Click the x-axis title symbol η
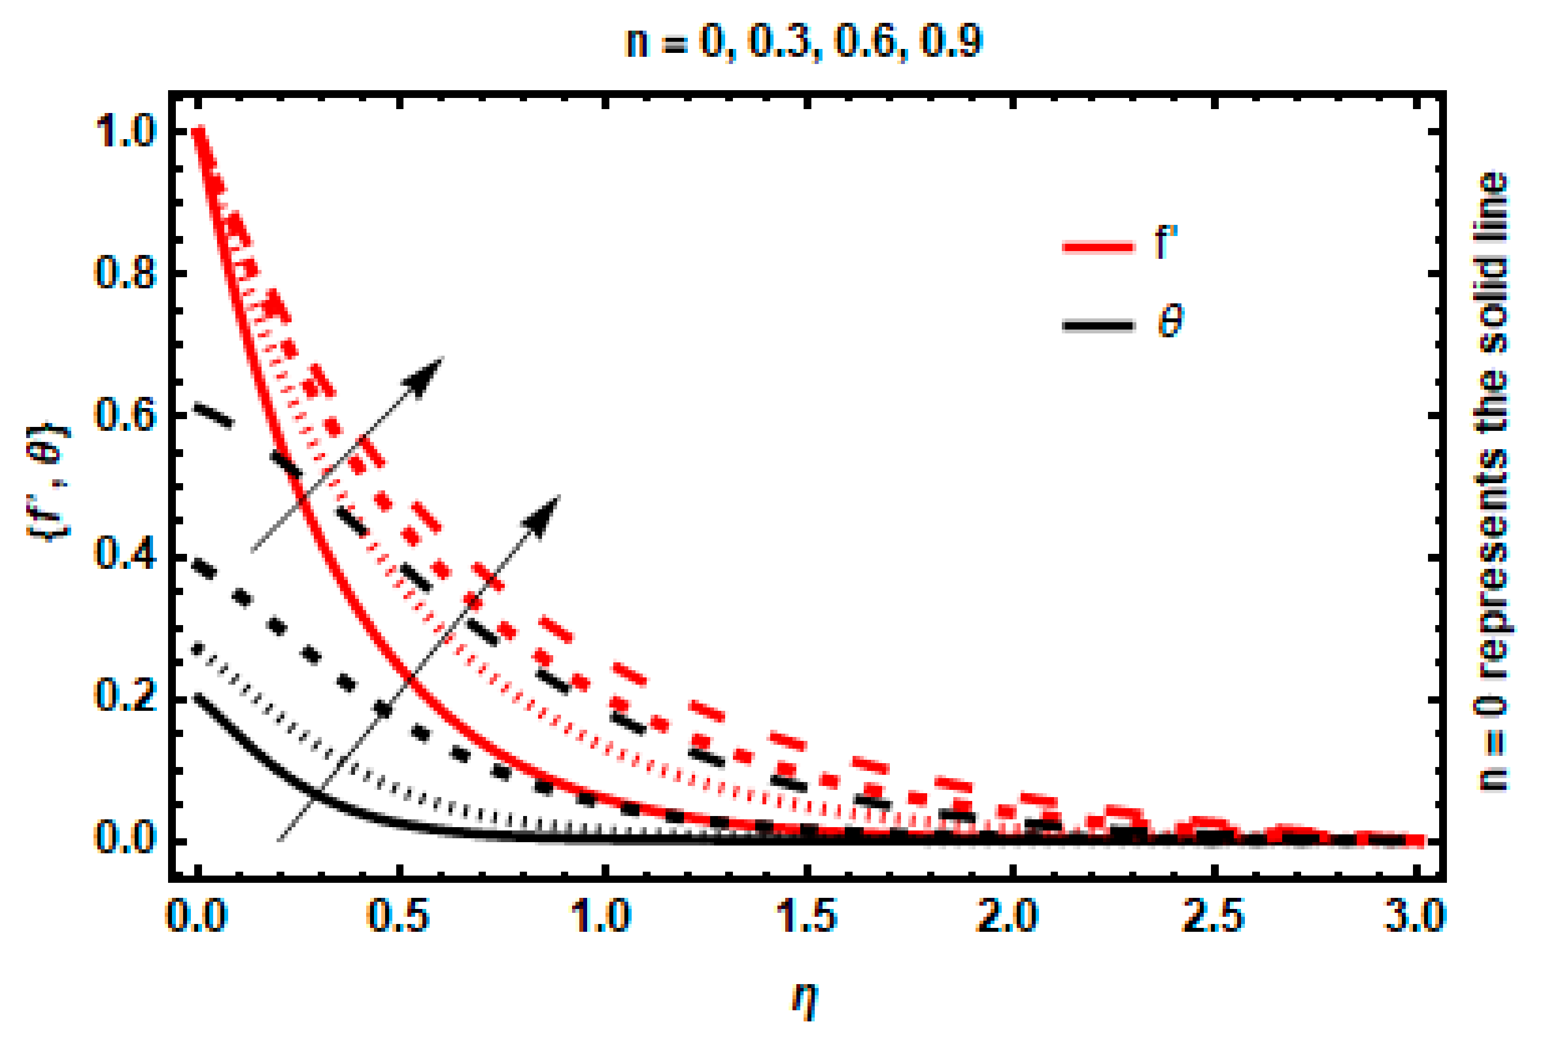pyautogui.click(x=806, y=1000)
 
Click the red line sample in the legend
pyautogui.click(x=1097, y=247)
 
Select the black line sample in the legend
pyautogui.click(x=1097, y=325)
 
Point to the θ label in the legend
pyautogui.click(x=1170, y=323)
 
